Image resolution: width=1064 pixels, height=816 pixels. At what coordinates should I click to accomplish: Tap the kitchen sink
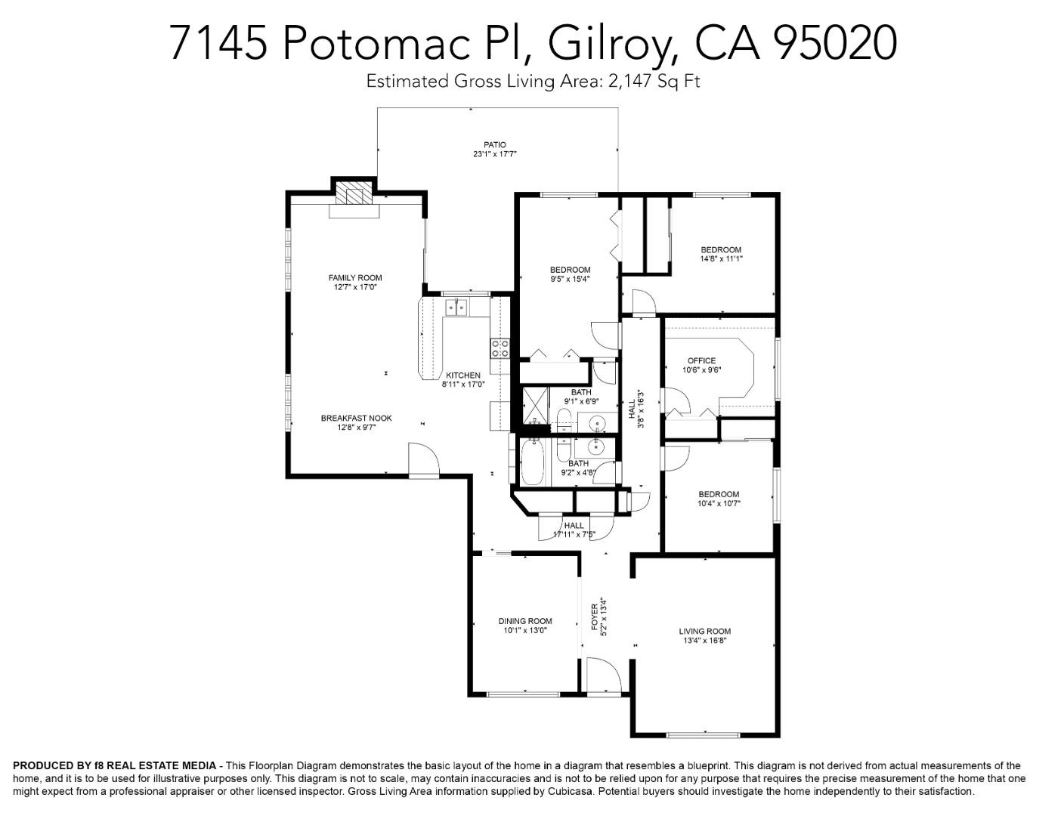[456, 306]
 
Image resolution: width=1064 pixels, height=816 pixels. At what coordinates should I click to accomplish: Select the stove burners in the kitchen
[500, 348]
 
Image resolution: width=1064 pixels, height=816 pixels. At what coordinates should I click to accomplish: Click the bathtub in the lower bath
[531, 462]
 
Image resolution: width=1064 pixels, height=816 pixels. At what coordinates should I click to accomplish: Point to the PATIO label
[495, 144]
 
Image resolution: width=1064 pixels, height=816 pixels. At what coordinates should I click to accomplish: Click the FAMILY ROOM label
[355, 277]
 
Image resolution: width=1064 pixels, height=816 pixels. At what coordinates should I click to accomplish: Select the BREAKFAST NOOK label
[356, 418]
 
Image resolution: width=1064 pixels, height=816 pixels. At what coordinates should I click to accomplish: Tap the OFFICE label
[701, 360]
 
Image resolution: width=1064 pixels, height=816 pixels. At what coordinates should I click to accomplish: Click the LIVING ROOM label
[704, 631]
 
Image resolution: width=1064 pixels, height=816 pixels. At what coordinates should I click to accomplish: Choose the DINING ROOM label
[525, 621]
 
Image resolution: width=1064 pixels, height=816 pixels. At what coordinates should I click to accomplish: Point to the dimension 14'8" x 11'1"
[721, 258]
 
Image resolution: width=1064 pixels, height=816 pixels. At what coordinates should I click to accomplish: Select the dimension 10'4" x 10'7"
[718, 503]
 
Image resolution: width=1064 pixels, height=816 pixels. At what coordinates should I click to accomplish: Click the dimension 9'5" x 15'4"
[570, 279]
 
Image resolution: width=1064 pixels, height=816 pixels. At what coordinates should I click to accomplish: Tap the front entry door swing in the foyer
[603, 674]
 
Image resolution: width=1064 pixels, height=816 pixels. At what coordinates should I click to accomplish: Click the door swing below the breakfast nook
[422, 459]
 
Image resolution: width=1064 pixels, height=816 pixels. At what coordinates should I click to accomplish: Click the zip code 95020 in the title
[836, 42]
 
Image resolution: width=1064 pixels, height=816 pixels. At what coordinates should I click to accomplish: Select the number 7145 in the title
[218, 42]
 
